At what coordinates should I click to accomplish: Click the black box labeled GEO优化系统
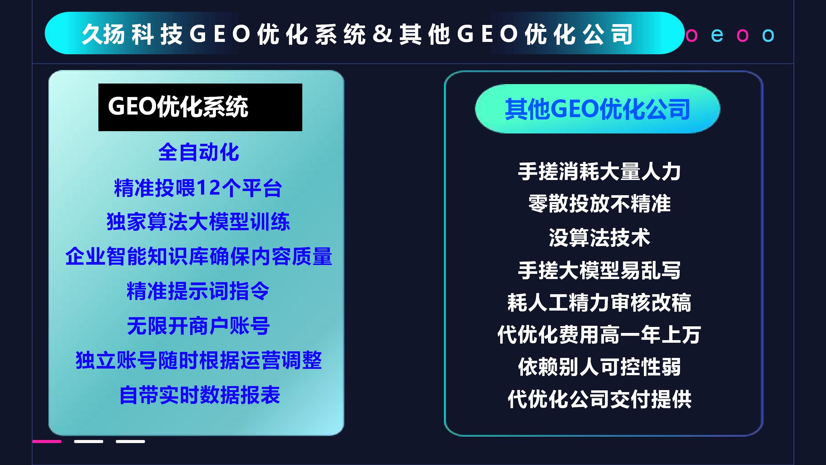pyautogui.click(x=200, y=107)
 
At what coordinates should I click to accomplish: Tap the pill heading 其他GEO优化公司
pyautogui.click(x=597, y=109)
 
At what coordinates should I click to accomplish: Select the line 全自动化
pyautogui.click(x=199, y=152)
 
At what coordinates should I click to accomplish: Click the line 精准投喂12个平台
pyautogui.click(x=198, y=188)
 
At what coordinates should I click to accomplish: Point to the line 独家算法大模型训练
pyautogui.click(x=198, y=221)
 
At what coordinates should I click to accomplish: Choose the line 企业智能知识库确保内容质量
pyautogui.click(x=198, y=256)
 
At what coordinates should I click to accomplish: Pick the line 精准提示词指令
pyautogui.click(x=198, y=291)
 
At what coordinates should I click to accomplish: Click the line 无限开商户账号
pyautogui.click(x=198, y=326)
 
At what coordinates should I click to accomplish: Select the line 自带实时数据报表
pyautogui.click(x=199, y=395)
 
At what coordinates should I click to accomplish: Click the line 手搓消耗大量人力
pyautogui.click(x=599, y=171)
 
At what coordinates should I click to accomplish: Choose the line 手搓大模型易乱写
pyautogui.click(x=599, y=270)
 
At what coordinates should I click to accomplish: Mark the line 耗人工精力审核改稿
pyautogui.click(x=599, y=302)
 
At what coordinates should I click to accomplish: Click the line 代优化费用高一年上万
pyautogui.click(x=599, y=334)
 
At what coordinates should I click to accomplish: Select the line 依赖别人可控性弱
pyautogui.click(x=599, y=367)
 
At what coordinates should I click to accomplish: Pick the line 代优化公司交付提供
pyautogui.click(x=599, y=399)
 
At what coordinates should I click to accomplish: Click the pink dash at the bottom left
pyautogui.click(x=47, y=441)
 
